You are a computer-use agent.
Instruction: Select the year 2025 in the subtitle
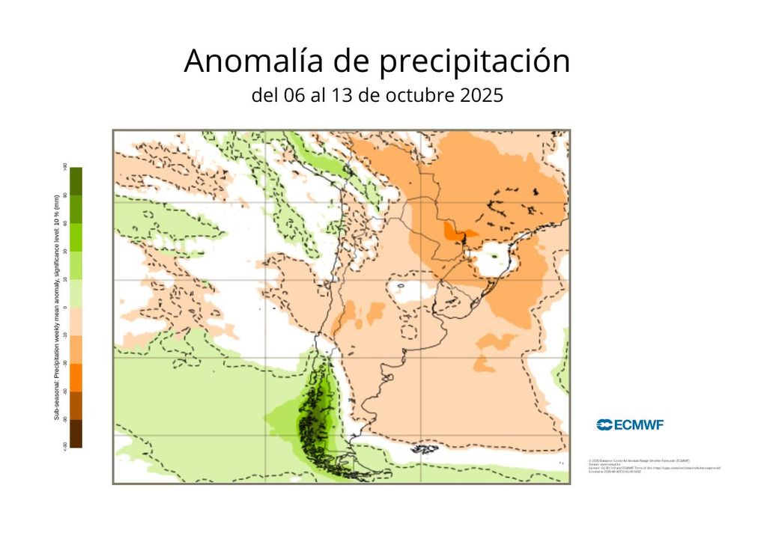[479, 96]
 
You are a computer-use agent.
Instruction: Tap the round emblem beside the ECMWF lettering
[604, 425]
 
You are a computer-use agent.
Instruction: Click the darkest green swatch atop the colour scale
[76, 180]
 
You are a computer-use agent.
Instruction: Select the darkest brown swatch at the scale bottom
[76, 433]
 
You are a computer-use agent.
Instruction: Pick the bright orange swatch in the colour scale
[76, 377]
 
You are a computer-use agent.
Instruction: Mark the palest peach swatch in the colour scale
[76, 321]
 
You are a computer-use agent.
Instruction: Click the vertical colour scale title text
[56, 307]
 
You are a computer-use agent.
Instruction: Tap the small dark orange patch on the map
[452, 231]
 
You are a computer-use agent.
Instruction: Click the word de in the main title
[352, 61]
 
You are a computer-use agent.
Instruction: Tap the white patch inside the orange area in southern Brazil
[491, 259]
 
